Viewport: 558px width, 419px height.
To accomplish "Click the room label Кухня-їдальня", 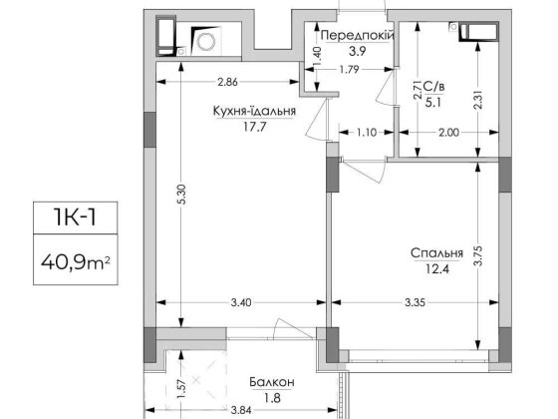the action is pyautogui.click(x=254, y=111).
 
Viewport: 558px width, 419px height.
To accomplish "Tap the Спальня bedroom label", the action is pyautogui.click(x=437, y=253).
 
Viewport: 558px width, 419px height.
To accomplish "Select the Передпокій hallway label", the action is pyautogui.click(x=358, y=36).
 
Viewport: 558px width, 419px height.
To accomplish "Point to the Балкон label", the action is pyautogui.click(x=272, y=382).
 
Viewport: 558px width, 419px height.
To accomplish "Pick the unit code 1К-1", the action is pyautogui.click(x=75, y=217).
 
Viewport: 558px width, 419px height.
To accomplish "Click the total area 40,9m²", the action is pyautogui.click(x=75, y=262).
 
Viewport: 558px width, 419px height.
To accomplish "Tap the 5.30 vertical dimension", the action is pyautogui.click(x=181, y=195).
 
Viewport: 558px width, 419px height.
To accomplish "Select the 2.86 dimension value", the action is pyautogui.click(x=227, y=82).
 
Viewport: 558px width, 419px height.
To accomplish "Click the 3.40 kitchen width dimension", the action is pyautogui.click(x=241, y=303).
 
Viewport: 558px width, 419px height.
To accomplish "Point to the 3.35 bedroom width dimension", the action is pyautogui.click(x=415, y=303).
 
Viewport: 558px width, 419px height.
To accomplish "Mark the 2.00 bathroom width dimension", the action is pyautogui.click(x=448, y=133).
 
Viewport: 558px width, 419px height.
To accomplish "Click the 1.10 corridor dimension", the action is pyautogui.click(x=367, y=133).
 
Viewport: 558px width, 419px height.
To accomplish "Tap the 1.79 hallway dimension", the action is pyautogui.click(x=349, y=70).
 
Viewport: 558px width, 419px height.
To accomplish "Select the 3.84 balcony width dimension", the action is pyautogui.click(x=241, y=410).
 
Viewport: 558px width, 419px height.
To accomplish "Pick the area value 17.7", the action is pyautogui.click(x=254, y=127).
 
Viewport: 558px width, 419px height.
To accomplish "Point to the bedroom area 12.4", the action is pyautogui.click(x=437, y=268).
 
